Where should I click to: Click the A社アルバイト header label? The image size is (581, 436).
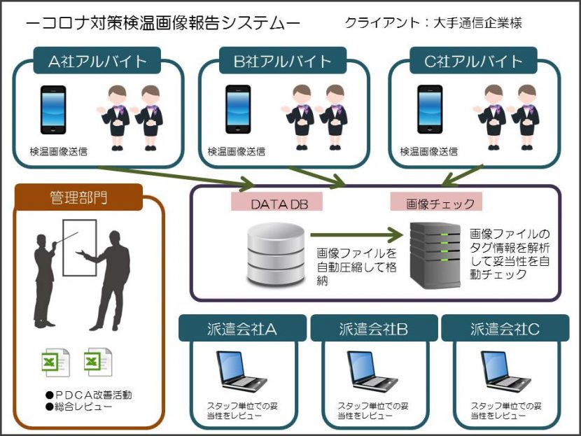tap(97, 61)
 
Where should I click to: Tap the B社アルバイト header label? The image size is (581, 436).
tap(283, 61)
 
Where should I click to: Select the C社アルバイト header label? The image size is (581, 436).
tap(473, 61)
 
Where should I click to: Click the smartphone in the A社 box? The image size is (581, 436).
tap(53, 110)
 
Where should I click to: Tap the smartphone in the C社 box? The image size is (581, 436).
tap(430, 109)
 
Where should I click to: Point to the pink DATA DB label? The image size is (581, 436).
tap(276, 202)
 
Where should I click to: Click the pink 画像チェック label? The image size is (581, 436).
tap(437, 202)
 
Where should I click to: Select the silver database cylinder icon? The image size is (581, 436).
tap(276, 255)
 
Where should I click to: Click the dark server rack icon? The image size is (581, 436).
tap(435, 255)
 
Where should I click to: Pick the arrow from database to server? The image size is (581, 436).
tap(356, 234)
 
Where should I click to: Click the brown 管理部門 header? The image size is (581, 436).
tap(78, 197)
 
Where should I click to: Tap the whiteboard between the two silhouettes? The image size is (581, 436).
tap(80, 248)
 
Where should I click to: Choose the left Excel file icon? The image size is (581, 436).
tap(55, 363)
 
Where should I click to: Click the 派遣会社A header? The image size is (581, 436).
tap(242, 328)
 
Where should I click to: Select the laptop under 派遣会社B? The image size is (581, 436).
tap(372, 372)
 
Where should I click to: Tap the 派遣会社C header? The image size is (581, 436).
tap(505, 328)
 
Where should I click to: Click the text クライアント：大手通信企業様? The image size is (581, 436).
tap(433, 23)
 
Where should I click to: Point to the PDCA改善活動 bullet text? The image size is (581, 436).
tap(89, 395)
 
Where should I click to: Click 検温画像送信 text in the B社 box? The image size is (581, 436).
tap(237, 151)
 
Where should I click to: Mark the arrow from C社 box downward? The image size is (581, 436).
tap(463, 175)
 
